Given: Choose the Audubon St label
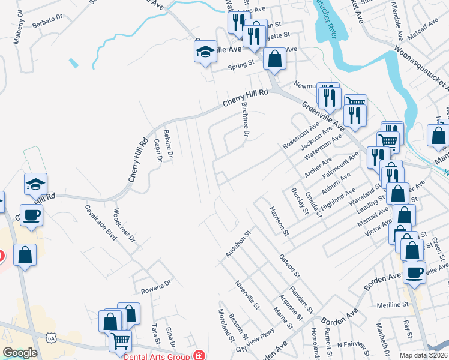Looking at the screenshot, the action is pos(237,244).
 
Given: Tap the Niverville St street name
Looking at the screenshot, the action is pos(247,295).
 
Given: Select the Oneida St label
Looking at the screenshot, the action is pos(315,205).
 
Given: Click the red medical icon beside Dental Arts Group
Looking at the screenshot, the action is pos(199,356).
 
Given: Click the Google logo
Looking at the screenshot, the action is pos(20,353).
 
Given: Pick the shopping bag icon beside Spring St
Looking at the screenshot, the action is pos(274,59).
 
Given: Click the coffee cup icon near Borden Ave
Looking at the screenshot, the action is pos(414,273).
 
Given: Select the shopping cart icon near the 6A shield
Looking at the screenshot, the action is pos(121,341).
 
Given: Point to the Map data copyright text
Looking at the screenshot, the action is pos(422,355).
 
